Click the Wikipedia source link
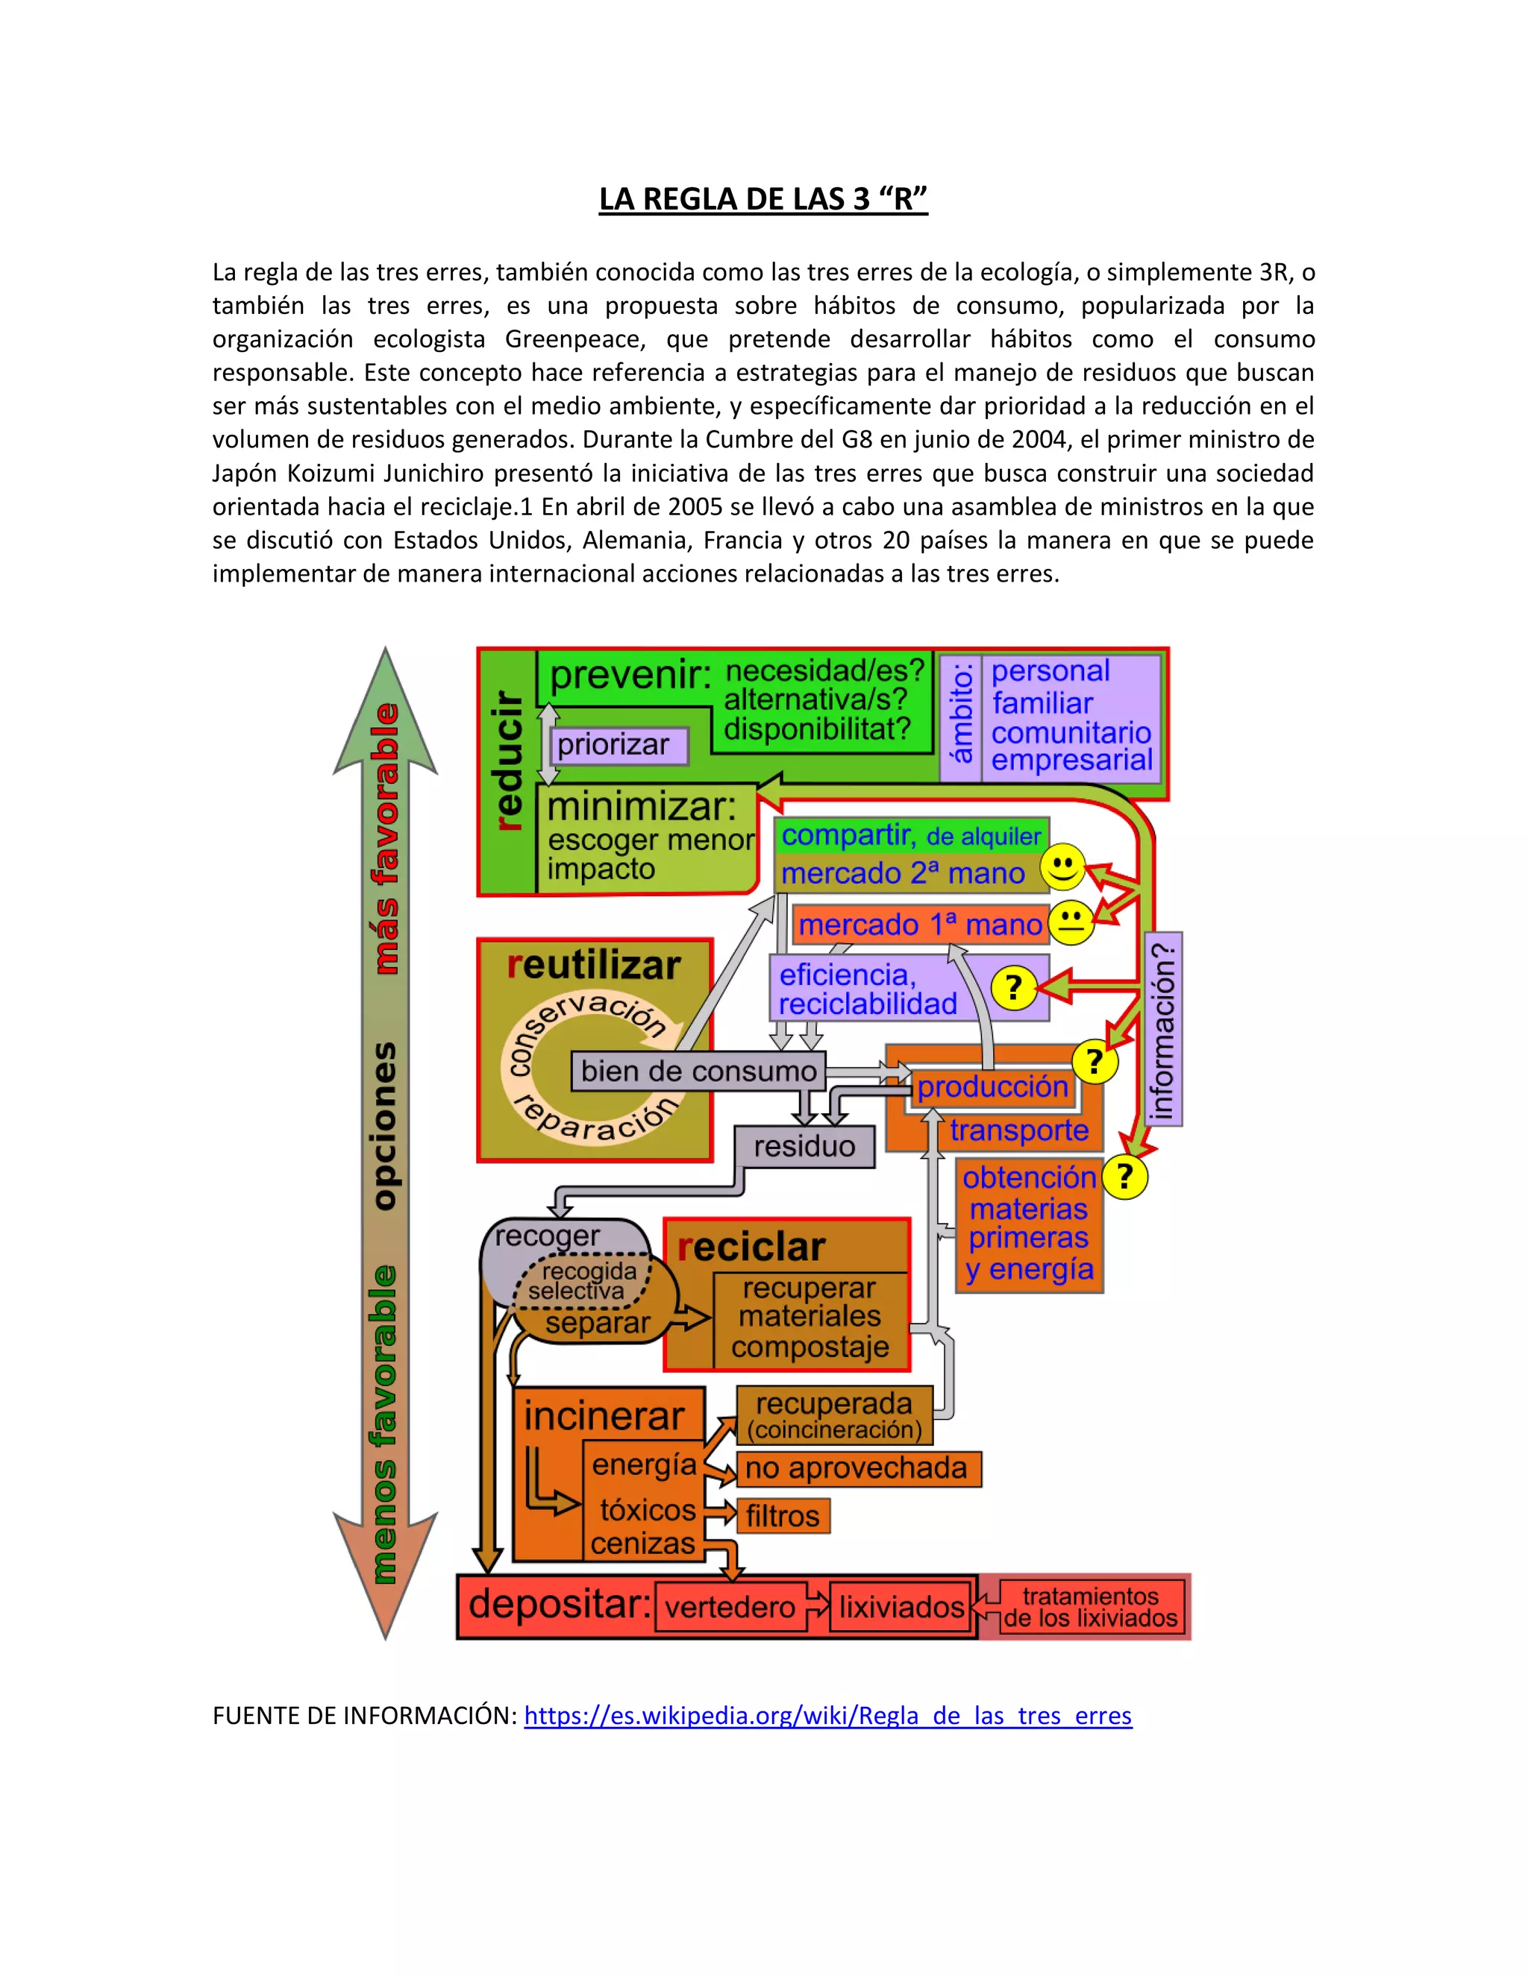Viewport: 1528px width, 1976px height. pyautogui.click(x=827, y=1716)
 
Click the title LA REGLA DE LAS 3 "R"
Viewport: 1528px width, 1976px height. pyautogui.click(x=763, y=198)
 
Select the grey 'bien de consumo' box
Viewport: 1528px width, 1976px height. pyautogui.click(x=698, y=1072)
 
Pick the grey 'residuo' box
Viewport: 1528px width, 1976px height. pyautogui.click(x=804, y=1146)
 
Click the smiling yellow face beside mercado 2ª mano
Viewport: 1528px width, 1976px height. pyautogui.click(x=1062, y=868)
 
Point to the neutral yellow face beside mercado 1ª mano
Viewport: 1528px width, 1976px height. pyautogui.click(x=1071, y=922)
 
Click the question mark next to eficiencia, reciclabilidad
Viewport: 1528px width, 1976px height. pyautogui.click(x=1014, y=987)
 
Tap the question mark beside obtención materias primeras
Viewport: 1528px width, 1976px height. pyautogui.click(x=1124, y=1177)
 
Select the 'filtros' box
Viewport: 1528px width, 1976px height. pyautogui.click(x=783, y=1515)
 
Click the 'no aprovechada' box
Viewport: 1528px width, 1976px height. pyautogui.click(x=857, y=1467)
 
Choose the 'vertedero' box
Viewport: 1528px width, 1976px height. pyautogui.click(x=730, y=1607)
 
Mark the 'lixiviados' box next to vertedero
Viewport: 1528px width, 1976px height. pyautogui.click(x=901, y=1607)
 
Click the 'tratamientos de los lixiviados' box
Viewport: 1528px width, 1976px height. pyautogui.click(x=1090, y=1607)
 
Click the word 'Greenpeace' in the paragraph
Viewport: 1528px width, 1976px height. pyautogui.click(x=576, y=339)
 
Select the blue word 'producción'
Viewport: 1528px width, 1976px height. pyautogui.click(x=992, y=1086)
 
